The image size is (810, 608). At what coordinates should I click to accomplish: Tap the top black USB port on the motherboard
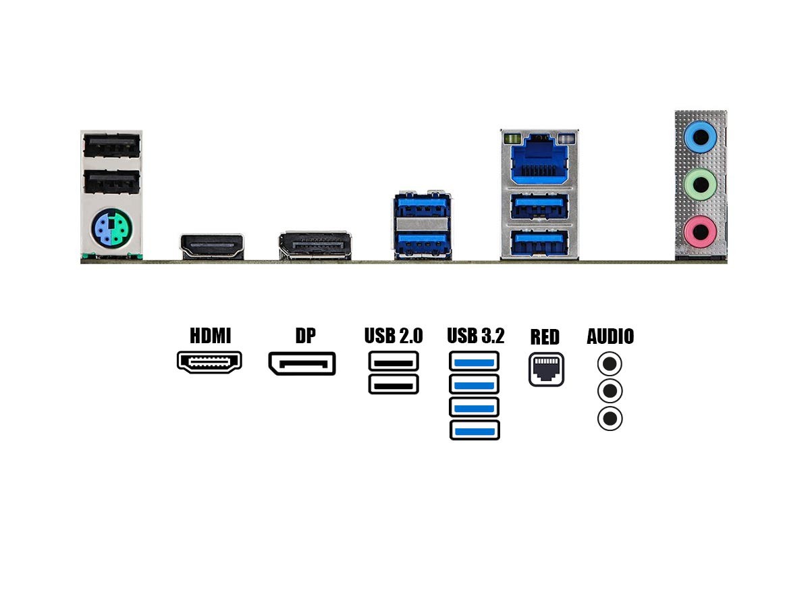click(x=111, y=145)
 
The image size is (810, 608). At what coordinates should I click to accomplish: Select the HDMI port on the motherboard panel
click(x=211, y=247)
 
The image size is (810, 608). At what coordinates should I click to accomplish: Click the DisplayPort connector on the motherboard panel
click(x=315, y=246)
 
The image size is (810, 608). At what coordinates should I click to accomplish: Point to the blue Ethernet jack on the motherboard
click(x=539, y=162)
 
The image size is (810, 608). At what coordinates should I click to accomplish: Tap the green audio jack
click(x=700, y=182)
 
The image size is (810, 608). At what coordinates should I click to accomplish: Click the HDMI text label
click(x=210, y=336)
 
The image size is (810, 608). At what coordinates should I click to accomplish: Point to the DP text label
click(x=305, y=336)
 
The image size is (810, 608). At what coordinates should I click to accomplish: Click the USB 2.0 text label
click(x=394, y=336)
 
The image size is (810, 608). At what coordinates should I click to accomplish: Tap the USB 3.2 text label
click(x=475, y=336)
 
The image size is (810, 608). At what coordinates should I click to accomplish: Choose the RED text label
click(x=545, y=337)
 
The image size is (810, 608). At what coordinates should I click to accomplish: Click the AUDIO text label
click(x=610, y=336)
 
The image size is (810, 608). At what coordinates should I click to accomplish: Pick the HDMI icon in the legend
click(x=209, y=363)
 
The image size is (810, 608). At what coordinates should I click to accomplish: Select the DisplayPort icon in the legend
click(x=302, y=363)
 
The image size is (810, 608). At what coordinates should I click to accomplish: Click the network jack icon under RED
click(x=546, y=369)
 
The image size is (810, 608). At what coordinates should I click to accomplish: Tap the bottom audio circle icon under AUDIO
click(x=610, y=419)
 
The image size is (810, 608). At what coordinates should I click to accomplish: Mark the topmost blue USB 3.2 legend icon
click(x=475, y=361)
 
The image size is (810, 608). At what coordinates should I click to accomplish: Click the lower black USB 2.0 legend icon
click(x=394, y=384)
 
